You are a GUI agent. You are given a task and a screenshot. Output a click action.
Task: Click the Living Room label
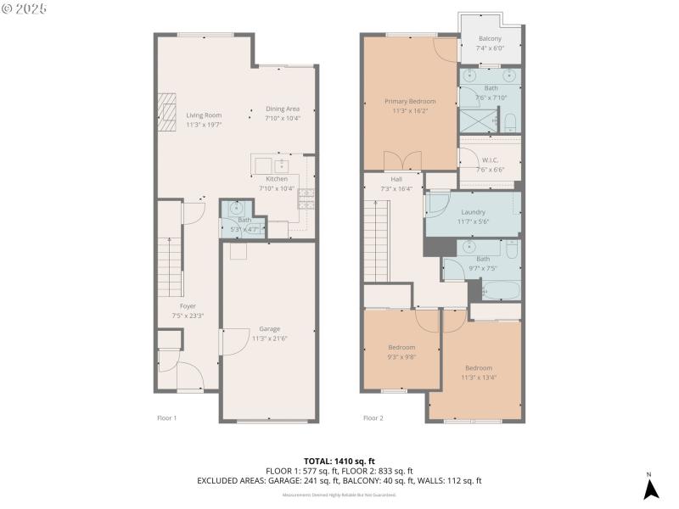204,115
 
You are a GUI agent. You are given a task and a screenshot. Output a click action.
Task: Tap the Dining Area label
283,109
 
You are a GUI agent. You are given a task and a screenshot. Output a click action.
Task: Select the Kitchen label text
277,179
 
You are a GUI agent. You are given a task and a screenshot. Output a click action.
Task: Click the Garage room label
269,329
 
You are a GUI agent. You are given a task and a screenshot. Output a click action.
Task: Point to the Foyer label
188,306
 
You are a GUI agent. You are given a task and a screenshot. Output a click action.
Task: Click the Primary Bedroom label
409,101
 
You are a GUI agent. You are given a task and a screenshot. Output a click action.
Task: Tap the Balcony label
490,39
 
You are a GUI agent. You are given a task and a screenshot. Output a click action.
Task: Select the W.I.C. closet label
490,160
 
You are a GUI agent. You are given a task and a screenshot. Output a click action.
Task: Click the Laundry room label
473,212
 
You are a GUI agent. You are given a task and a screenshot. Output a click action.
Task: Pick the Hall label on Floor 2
396,179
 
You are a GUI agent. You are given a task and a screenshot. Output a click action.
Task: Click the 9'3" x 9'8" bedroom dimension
402,356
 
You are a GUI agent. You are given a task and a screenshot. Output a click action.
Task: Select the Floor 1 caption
167,417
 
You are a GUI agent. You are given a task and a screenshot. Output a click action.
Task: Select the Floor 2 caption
373,417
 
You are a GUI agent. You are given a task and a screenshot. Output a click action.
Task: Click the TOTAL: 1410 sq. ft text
339,461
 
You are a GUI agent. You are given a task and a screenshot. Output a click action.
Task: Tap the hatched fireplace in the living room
169,108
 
